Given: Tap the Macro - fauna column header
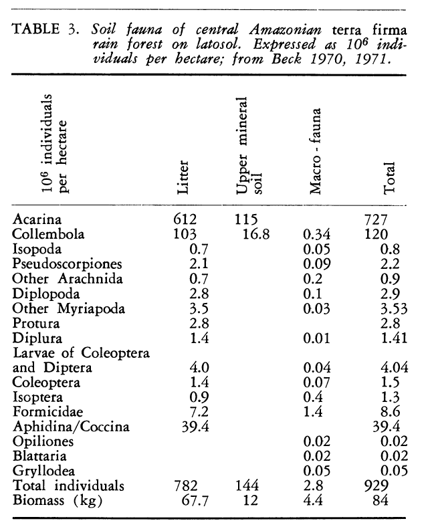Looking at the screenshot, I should [318, 152].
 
